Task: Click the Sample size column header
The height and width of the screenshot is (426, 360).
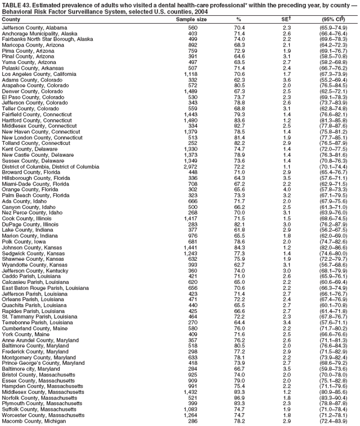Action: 191,19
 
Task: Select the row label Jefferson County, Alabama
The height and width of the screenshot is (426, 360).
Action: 35,28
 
